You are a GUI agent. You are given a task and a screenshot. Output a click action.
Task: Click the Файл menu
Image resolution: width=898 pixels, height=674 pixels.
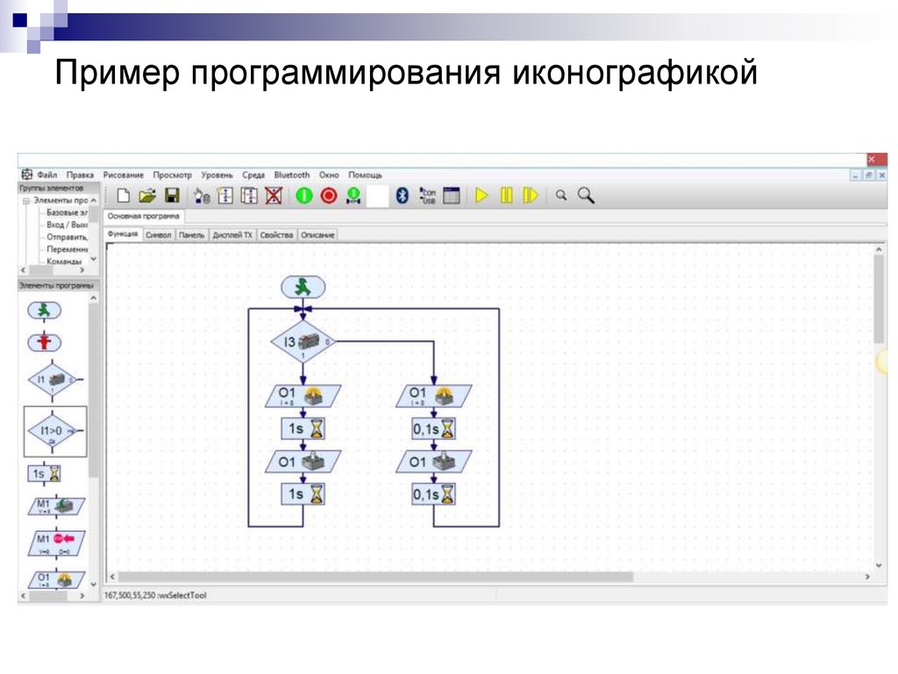coord(46,175)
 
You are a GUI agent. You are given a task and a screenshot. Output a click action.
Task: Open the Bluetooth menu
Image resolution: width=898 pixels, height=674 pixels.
coord(292,175)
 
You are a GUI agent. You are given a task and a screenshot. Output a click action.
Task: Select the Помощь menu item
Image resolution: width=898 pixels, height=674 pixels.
coord(365,175)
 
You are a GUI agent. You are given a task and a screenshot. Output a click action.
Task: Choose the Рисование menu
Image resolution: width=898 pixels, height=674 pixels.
coord(124,175)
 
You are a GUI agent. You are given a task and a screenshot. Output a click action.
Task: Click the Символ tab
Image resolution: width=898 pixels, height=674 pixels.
coord(159,235)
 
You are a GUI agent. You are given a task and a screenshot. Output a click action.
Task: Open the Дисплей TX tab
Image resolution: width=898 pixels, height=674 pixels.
coord(232,235)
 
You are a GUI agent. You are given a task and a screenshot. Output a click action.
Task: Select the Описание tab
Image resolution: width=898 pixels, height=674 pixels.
coord(317,235)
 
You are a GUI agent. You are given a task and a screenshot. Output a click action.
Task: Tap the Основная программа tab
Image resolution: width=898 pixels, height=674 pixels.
coord(144,216)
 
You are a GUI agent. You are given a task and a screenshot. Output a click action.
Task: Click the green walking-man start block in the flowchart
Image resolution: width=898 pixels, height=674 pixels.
coord(303,286)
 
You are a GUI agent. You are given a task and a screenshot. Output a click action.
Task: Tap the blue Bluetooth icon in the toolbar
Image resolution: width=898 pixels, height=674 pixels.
coord(403,196)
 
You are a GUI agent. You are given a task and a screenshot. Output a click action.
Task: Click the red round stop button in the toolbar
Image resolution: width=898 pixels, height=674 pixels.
coord(329,196)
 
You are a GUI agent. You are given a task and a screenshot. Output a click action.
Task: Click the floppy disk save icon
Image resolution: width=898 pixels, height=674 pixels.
coord(172,196)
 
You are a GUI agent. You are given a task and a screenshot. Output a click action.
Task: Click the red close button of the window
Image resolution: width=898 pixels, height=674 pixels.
coord(871,159)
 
